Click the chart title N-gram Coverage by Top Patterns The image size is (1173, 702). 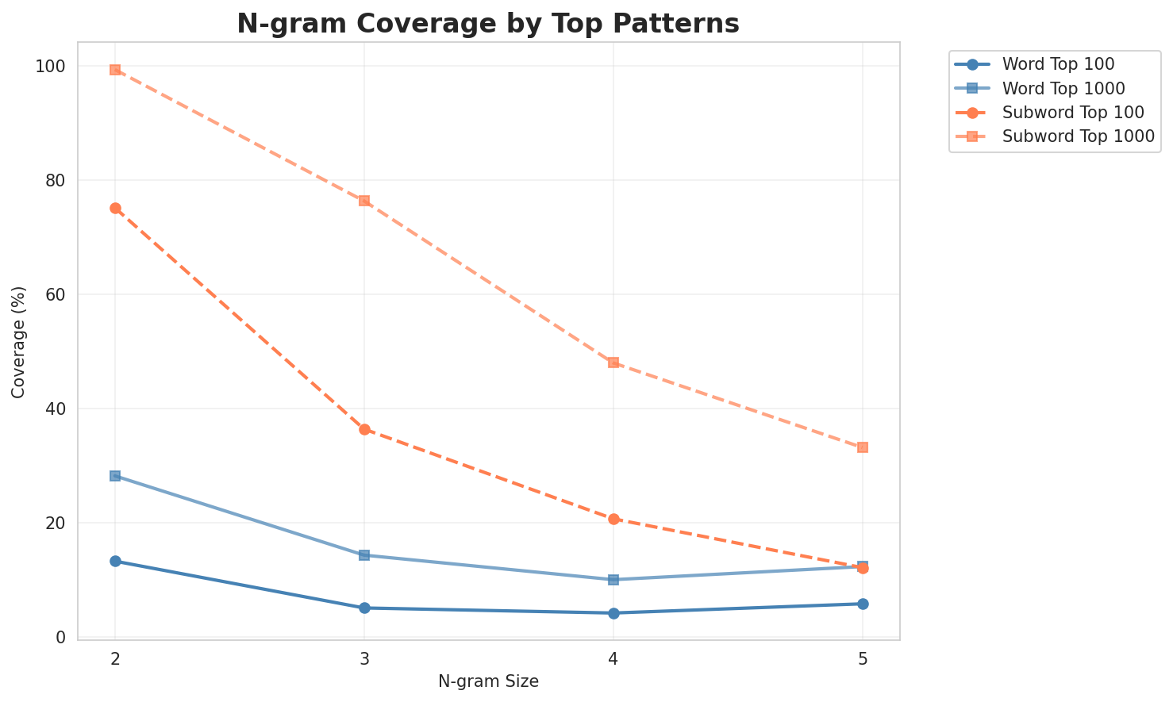pyautogui.click(x=488, y=24)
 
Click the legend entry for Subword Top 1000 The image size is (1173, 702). pyautogui.click(x=1078, y=136)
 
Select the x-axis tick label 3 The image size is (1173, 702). pyautogui.click(x=364, y=659)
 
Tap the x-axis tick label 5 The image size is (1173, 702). pyautogui.click(x=863, y=659)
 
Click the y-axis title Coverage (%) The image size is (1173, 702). pyautogui.click(x=18, y=342)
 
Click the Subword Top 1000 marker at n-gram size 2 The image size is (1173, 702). pyautogui.click(x=115, y=70)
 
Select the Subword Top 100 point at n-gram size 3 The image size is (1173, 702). pyautogui.click(x=364, y=430)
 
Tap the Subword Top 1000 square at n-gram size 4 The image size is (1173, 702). pyautogui.click(x=613, y=363)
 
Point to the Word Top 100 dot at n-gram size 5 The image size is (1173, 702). pyautogui.click(x=863, y=604)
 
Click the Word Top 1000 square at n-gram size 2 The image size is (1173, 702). pyautogui.click(x=115, y=476)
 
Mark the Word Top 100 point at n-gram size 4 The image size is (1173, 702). pyautogui.click(x=613, y=613)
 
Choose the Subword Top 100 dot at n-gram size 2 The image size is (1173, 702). pyautogui.click(x=115, y=209)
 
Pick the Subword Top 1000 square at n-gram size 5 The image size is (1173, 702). pyautogui.click(x=863, y=447)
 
